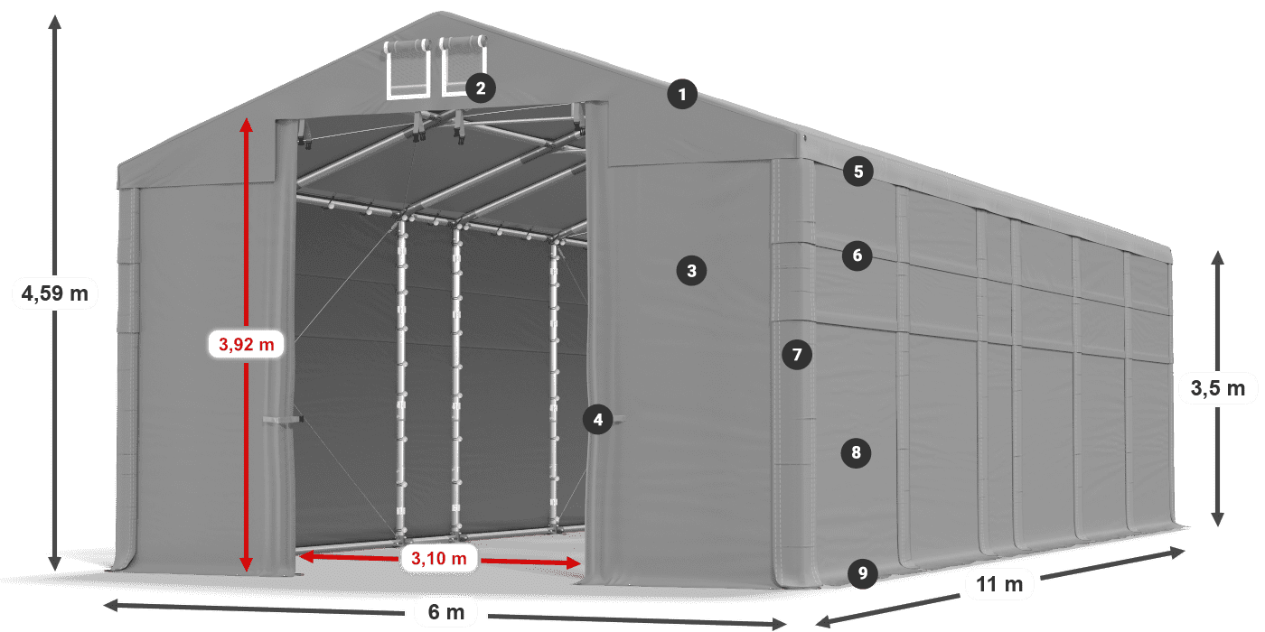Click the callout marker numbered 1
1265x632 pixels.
coord(682,94)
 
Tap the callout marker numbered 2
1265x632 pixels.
coord(480,88)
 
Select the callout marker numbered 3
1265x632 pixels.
coord(691,270)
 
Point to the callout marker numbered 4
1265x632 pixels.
coord(597,419)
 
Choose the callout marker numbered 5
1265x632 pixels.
coord(857,171)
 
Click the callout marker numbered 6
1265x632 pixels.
coord(857,256)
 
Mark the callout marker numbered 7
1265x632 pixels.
coord(796,355)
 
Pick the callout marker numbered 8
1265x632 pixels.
coord(856,452)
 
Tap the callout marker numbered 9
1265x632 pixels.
coord(863,572)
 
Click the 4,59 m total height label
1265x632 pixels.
coord(54,293)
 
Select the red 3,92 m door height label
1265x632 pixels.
coord(246,344)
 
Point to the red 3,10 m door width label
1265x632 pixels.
coord(438,559)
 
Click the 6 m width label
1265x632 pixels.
coord(445,612)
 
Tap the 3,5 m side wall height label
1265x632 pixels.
coord(1217,389)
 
